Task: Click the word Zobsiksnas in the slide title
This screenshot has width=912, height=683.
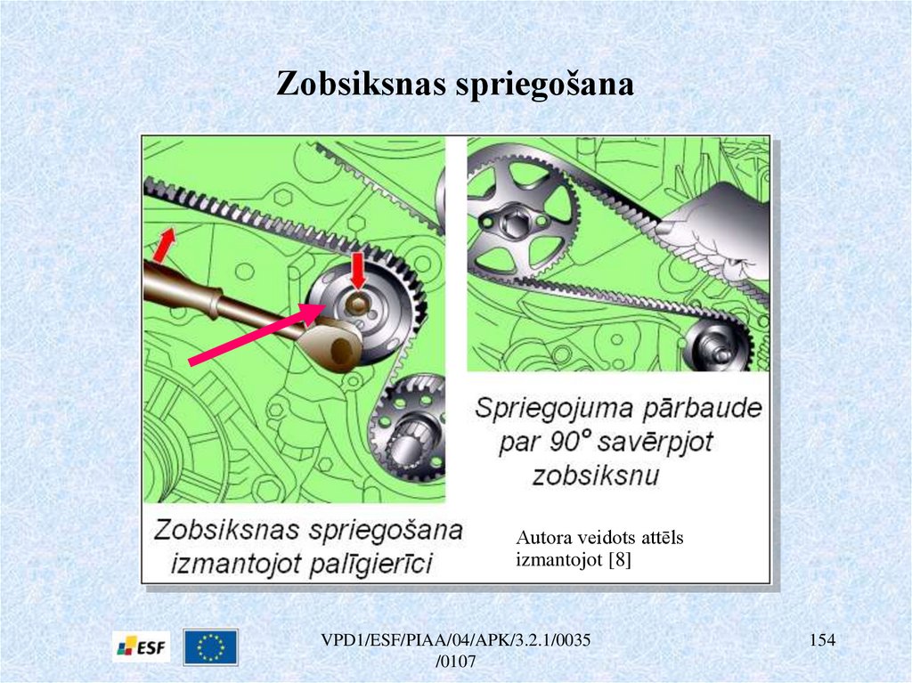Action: point(361,83)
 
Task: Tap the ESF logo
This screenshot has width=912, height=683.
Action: point(142,646)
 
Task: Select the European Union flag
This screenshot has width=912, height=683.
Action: point(210,646)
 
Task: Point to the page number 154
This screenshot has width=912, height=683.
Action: point(822,640)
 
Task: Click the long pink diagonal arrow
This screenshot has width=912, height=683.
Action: point(256,334)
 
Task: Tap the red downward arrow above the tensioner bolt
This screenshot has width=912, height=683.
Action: point(358,270)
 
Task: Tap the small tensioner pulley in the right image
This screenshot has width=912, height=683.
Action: point(719,346)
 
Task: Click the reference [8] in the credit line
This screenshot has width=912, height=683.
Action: point(620,559)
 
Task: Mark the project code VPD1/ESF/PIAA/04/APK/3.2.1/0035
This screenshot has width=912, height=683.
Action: point(456,640)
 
